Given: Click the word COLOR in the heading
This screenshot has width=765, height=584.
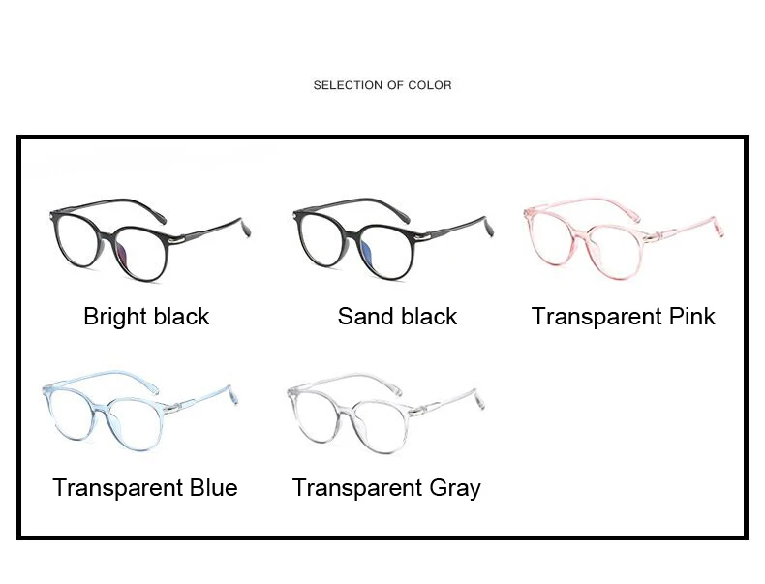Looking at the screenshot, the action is coord(429,85).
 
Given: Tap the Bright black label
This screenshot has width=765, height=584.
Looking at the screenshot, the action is coord(146,317).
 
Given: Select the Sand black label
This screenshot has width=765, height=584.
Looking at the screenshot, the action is coord(397,317).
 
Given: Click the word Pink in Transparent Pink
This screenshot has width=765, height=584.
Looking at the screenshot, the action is coord(691,317).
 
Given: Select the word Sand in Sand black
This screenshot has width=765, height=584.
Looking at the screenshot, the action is coord(364,317).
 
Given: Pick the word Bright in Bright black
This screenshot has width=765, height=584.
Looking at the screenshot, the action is coord(113,318).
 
